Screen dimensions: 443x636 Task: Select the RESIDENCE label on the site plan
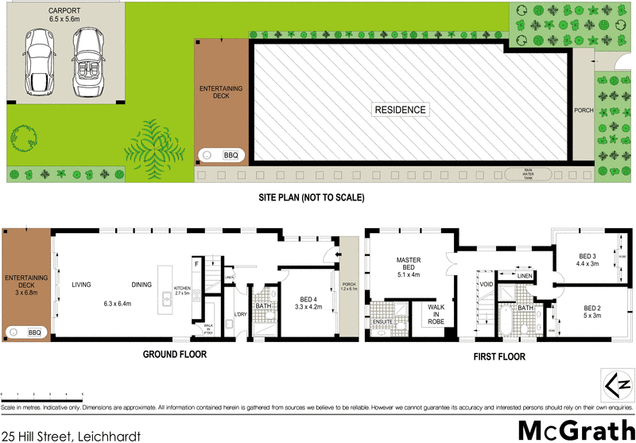pos(400,110)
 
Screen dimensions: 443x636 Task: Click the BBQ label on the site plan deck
pos(231,156)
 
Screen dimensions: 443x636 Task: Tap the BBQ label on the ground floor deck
pos(35,332)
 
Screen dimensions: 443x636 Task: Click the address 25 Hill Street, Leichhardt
pos(72,435)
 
